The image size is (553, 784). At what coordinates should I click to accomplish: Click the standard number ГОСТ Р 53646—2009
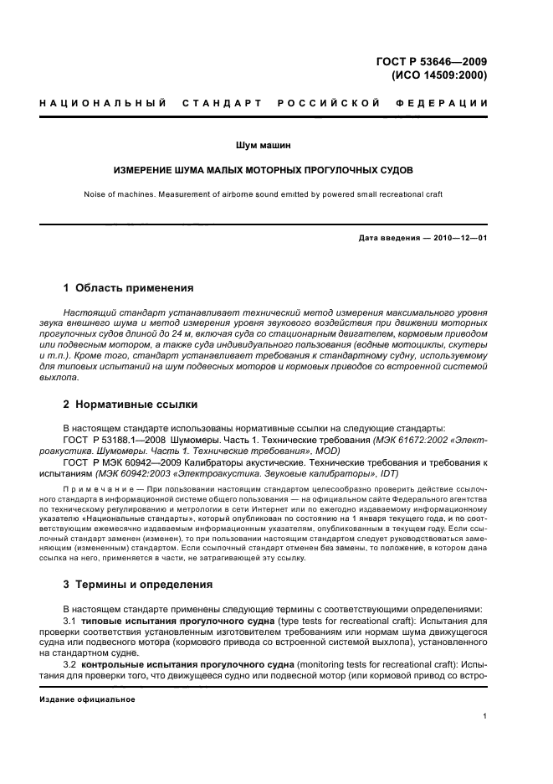pos(434,60)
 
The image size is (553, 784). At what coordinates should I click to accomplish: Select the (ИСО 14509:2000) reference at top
pos(438,74)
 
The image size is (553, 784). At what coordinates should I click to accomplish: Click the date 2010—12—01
pos(458,238)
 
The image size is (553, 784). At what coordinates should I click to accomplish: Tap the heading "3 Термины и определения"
pos(139,584)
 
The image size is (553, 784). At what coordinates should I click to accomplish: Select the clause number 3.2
pos(70,663)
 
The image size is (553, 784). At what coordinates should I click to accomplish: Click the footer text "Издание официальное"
pos(88,699)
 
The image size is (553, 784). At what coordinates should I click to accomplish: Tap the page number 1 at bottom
pos(485,716)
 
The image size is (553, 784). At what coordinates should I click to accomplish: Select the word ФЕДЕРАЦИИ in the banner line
pos(451,103)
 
